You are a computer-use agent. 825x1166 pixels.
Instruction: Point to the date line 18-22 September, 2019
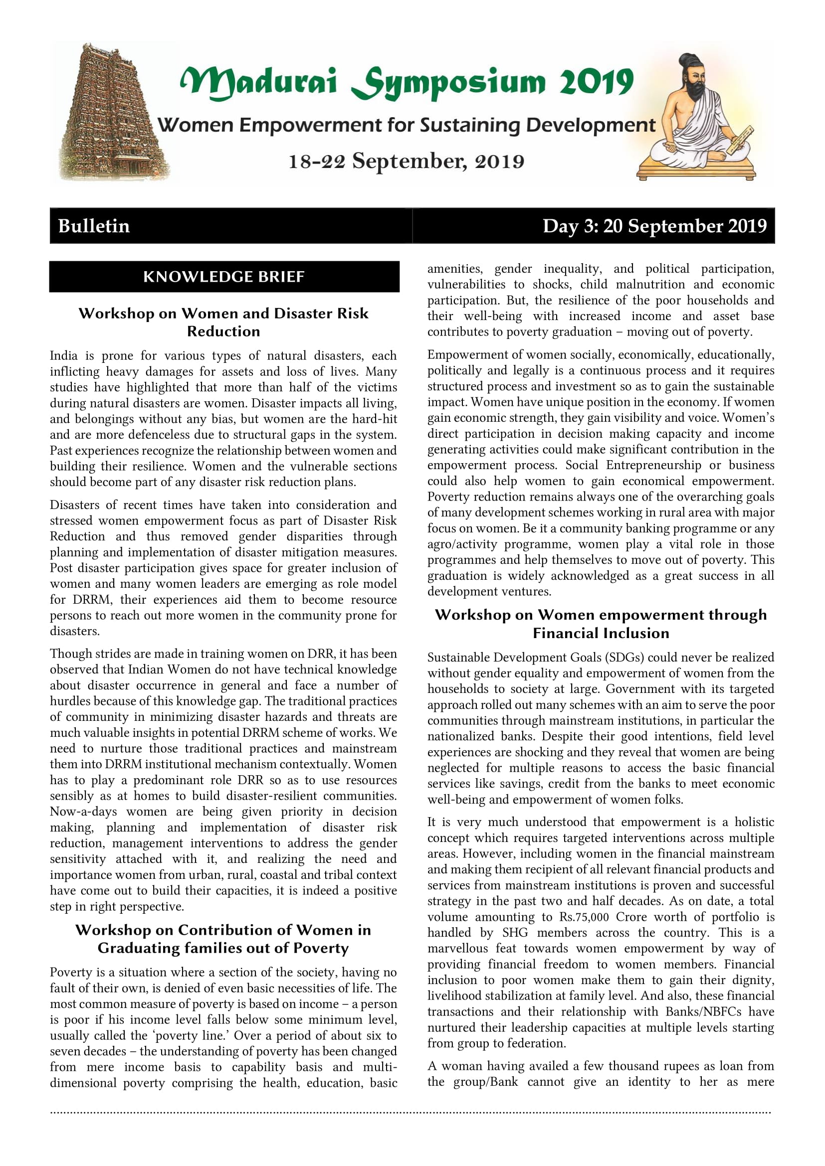tap(407, 162)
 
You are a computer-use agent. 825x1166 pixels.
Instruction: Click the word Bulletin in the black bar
tap(94, 226)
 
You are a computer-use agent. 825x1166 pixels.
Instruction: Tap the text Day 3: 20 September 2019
tap(654, 226)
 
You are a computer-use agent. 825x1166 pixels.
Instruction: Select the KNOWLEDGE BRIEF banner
tap(224, 277)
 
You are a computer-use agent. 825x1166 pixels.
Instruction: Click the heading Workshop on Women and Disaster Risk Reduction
tap(223, 322)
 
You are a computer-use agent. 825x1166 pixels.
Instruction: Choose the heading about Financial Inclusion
tap(601, 624)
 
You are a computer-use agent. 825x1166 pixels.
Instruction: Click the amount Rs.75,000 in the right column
tap(584, 917)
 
